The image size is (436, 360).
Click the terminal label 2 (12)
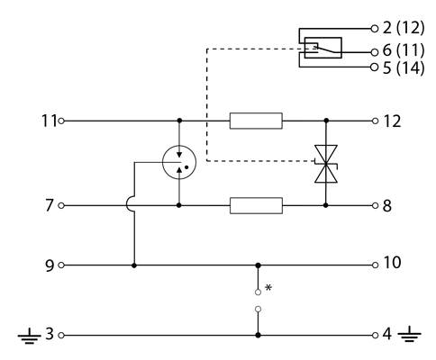tap(404, 28)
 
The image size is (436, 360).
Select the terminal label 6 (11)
tap(404, 50)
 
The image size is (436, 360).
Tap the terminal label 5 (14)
tap(404, 67)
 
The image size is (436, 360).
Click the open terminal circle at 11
tap(61, 121)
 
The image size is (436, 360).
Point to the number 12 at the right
tap(392, 121)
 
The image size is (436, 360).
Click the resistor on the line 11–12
tap(256, 121)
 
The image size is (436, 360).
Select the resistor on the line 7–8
tap(256, 206)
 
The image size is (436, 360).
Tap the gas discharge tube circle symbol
tap(179, 162)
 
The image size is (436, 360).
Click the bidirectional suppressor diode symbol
tap(326, 164)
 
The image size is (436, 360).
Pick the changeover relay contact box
tap(322, 48)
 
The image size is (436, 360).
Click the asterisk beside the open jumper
tap(268, 288)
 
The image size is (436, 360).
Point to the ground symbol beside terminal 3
tap(29, 336)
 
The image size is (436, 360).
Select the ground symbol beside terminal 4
tap(410, 335)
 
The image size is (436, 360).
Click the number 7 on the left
tap(50, 205)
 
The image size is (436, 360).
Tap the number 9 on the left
tap(50, 265)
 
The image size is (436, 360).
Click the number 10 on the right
tap(392, 263)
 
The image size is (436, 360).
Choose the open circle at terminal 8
tap(375, 205)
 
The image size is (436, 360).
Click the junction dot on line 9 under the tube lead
tap(134, 265)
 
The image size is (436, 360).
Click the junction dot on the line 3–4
tap(258, 335)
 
